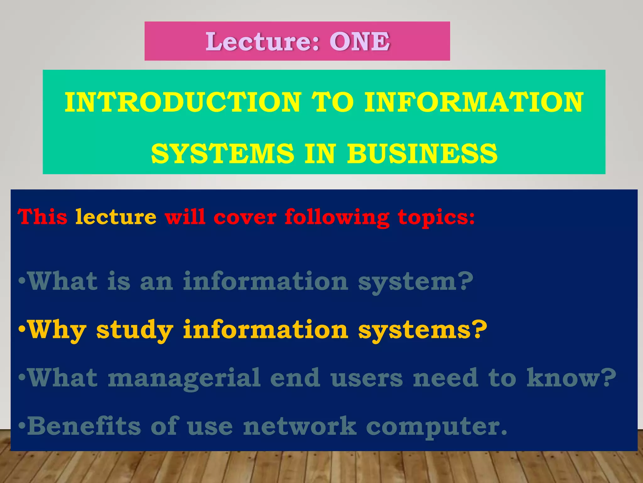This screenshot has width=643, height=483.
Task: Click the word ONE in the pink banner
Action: pyautogui.click(x=359, y=42)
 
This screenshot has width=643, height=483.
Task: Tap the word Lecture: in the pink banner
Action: pyautogui.click(x=262, y=42)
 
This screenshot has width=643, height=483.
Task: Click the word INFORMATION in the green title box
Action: pyautogui.click(x=473, y=102)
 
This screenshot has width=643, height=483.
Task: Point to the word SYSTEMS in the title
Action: pyautogui.click(x=222, y=154)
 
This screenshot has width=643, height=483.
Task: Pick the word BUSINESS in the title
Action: pyautogui.click(x=422, y=154)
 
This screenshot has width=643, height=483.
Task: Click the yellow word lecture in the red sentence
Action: pyautogui.click(x=116, y=217)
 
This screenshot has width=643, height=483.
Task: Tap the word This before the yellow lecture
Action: pyautogui.click(x=42, y=217)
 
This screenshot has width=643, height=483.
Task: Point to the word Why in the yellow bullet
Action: pyautogui.click(x=57, y=330)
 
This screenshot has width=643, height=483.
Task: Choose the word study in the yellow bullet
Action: pyautogui.click(x=135, y=330)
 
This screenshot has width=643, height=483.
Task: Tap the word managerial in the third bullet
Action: pyautogui.click(x=184, y=378)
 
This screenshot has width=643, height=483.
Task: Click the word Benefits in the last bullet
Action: pyautogui.click(x=84, y=426)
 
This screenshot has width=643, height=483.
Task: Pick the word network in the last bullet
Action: pyautogui.click(x=300, y=426)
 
